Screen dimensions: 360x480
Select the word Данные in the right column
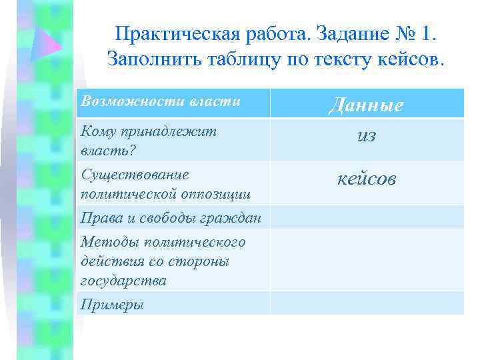tap(367, 105)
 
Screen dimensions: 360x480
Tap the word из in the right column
tap(367, 136)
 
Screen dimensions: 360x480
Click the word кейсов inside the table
tap(367, 179)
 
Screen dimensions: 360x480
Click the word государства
tap(123, 280)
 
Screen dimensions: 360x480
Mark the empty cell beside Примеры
tap(367, 303)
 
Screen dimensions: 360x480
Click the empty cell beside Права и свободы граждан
tap(367, 217)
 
